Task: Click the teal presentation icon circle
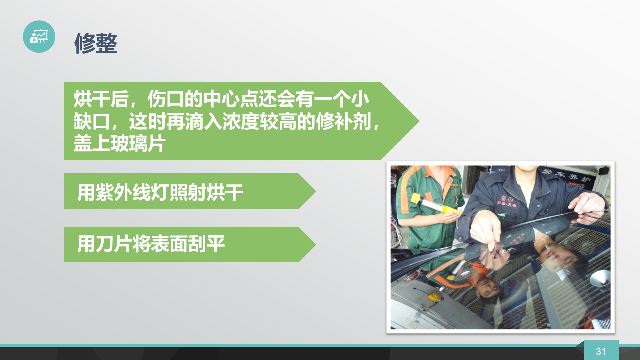[x=39, y=36]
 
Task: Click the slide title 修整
[x=96, y=43]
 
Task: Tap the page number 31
[x=601, y=351]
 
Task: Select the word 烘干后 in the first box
[x=101, y=99]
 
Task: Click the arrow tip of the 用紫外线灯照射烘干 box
[x=315, y=191]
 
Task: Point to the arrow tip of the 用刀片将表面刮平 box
[x=315, y=244]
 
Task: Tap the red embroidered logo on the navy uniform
[x=507, y=201]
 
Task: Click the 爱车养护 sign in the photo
[x=566, y=174]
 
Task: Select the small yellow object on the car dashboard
[x=435, y=296]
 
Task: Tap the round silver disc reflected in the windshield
[x=600, y=278]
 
